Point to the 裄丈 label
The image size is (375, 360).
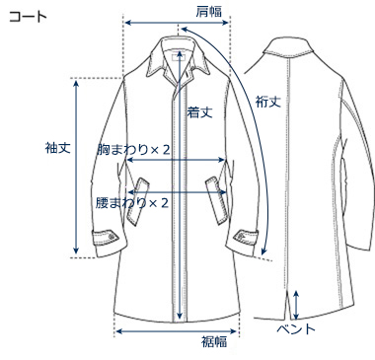(x=267, y=100)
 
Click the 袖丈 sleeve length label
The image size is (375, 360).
(x=57, y=149)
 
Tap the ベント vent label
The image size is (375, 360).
(x=295, y=326)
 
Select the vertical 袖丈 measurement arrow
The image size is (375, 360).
(x=78, y=168)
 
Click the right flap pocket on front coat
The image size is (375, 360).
(x=216, y=184)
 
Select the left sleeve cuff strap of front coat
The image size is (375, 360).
(x=103, y=237)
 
